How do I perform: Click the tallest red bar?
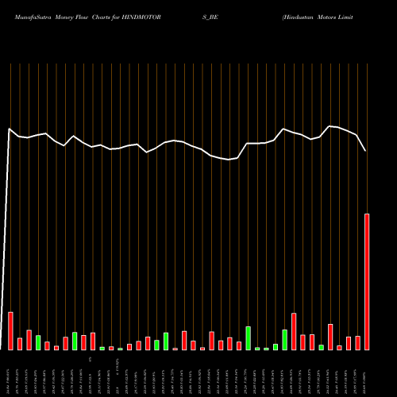pyautogui.click(x=367, y=282)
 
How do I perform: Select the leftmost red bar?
pyautogui.click(x=10, y=331)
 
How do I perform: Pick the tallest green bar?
pyautogui.click(x=248, y=338)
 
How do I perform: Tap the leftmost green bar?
pyautogui.click(x=38, y=342)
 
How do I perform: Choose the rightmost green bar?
pyautogui.click(x=321, y=347)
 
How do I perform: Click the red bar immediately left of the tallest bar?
pyautogui.click(x=357, y=343)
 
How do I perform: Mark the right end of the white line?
pyautogui.click(x=366, y=151)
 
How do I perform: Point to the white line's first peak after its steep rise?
pyautogui.click(x=10, y=129)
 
